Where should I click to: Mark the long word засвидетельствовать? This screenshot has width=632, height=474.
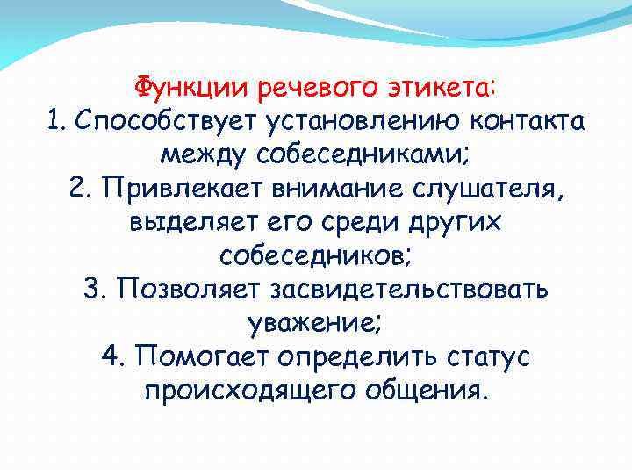point(411,289)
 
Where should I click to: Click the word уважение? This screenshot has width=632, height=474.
point(316,322)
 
